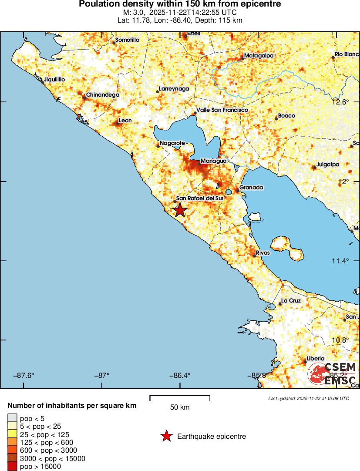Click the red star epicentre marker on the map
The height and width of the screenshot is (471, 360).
coord(180,210)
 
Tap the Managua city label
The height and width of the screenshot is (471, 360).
coord(213,161)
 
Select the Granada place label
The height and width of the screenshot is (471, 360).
coord(252,188)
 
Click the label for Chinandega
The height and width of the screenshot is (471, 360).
coord(102,95)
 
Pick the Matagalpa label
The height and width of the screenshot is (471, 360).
coord(259,56)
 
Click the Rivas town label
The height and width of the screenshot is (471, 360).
coord(263,253)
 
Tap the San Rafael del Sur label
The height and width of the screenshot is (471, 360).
coord(199,198)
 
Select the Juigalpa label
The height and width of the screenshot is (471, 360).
coord(328,165)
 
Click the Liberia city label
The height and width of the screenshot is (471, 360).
coord(316,359)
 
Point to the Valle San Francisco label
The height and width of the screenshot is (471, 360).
coord(222,110)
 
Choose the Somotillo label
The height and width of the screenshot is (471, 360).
coord(127,40)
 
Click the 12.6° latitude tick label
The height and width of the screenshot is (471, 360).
coord(340,102)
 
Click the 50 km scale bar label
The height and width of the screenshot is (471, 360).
coord(180,407)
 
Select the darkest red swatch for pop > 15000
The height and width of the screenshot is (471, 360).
coord(13,466)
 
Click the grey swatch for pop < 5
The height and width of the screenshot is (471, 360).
coord(13,419)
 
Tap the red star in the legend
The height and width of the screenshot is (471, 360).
coord(166,436)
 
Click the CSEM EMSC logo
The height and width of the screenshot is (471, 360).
coord(333,373)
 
